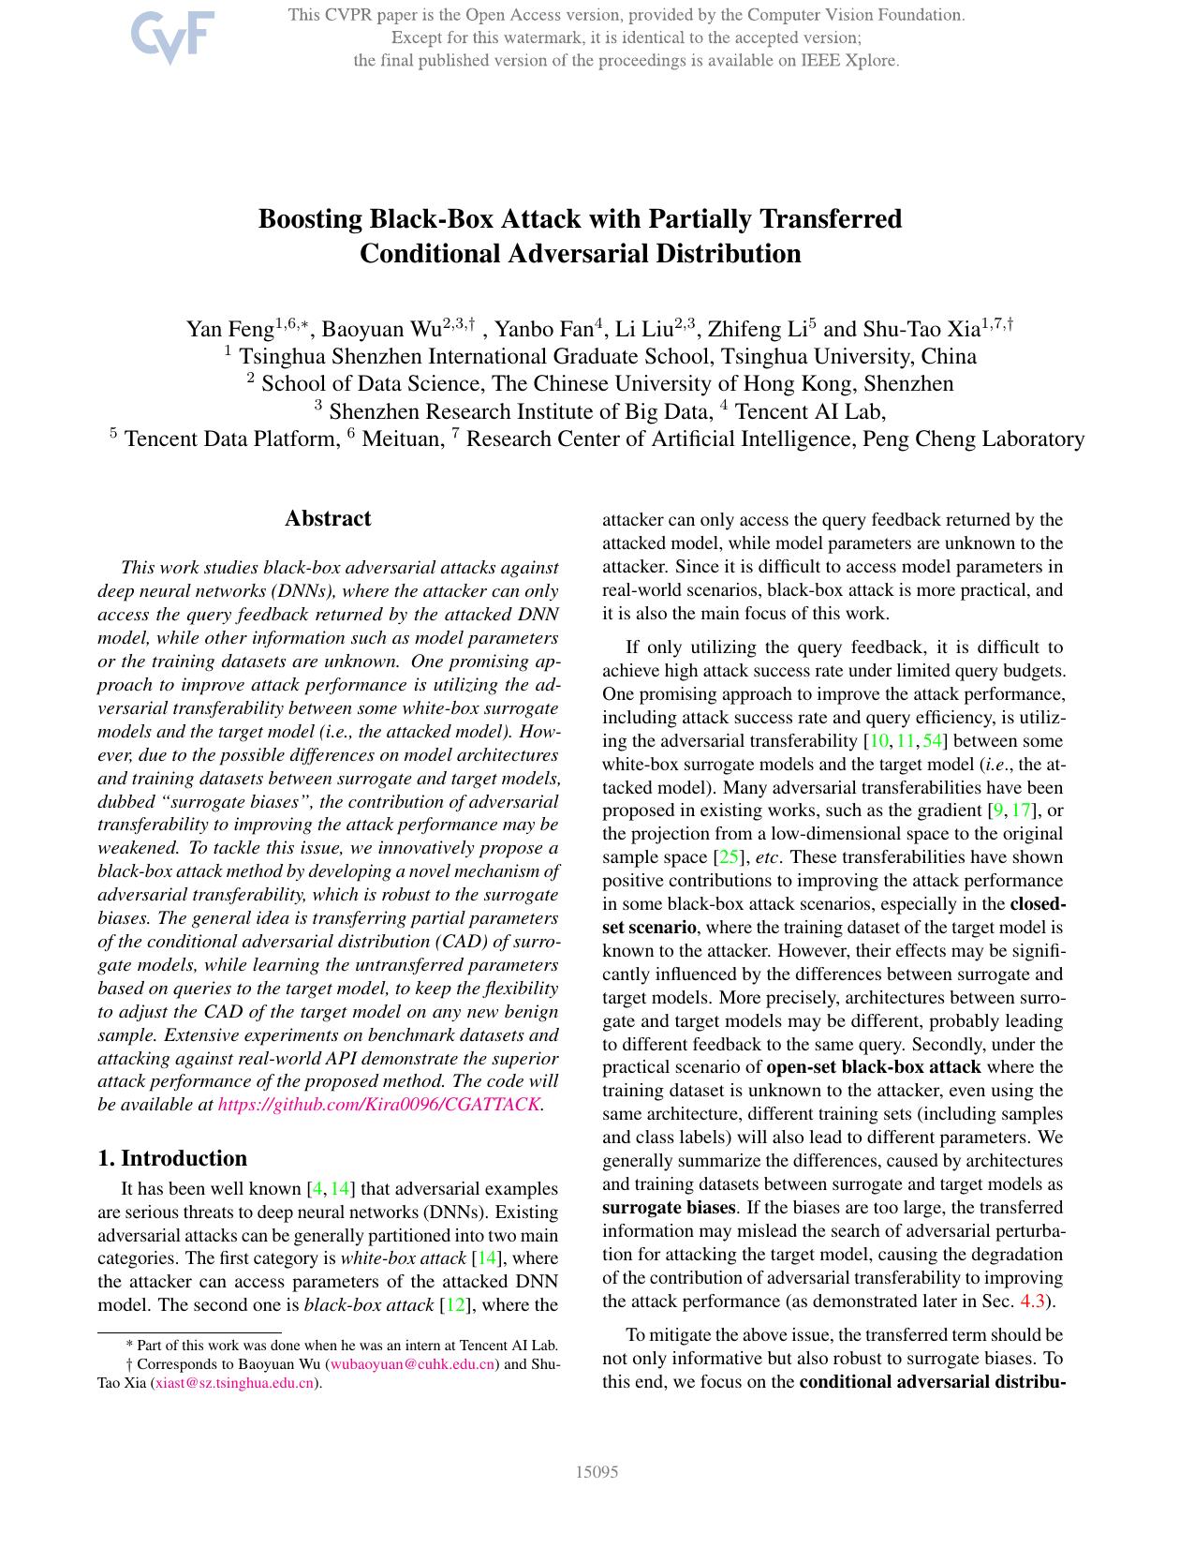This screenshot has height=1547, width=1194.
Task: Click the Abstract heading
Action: pos(328,519)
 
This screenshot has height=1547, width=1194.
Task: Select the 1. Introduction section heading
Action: pos(172,1158)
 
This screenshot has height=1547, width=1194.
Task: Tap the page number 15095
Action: pos(597,1472)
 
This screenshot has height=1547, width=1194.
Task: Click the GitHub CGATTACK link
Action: pos(379,1105)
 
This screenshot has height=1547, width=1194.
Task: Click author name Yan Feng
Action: pos(229,330)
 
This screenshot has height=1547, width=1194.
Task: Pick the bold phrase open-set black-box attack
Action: pos(874,1067)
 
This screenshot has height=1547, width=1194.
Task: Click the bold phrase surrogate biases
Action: pos(669,1208)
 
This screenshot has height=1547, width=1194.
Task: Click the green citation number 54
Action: pos(933,741)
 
